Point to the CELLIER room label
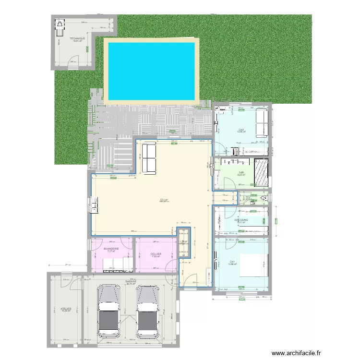(156, 254)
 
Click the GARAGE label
(131, 281)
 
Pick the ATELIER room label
(66, 309)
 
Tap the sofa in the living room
(149, 158)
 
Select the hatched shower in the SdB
(261, 172)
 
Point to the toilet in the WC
(263, 198)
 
